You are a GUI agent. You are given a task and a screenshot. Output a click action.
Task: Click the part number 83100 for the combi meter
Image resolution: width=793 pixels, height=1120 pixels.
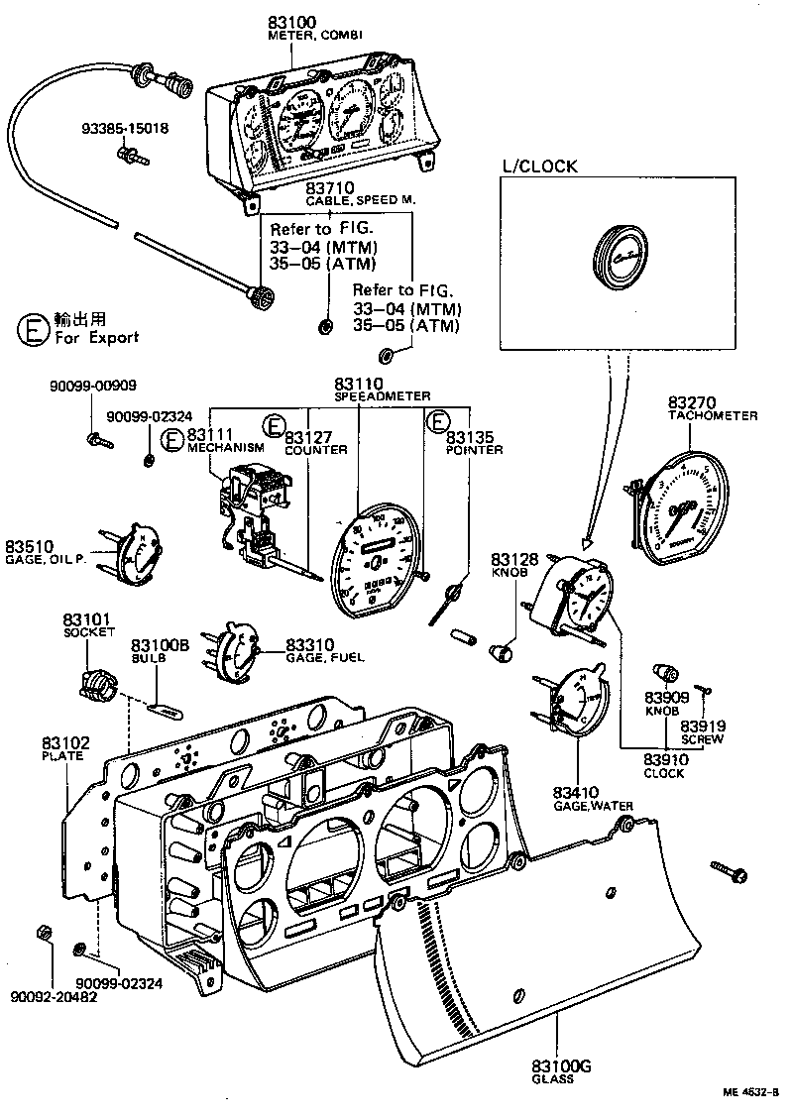point(287,21)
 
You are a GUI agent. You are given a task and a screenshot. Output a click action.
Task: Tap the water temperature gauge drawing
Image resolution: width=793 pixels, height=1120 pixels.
point(572,706)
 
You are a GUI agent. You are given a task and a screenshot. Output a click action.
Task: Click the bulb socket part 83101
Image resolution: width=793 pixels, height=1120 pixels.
point(96,682)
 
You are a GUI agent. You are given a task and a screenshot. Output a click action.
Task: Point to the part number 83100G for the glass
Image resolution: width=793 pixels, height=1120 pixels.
point(561,1065)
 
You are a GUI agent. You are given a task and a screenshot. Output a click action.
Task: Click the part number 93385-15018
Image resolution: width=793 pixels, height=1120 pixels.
point(125,128)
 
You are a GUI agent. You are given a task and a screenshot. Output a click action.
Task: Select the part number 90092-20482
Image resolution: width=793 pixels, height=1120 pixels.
point(55,996)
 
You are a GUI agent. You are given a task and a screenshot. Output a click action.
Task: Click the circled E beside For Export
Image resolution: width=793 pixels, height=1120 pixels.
point(34,330)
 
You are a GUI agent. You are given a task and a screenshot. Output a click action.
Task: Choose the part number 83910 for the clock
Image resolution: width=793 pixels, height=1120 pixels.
point(663,760)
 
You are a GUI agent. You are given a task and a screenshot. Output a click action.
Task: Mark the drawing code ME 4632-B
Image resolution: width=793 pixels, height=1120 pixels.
point(751,1092)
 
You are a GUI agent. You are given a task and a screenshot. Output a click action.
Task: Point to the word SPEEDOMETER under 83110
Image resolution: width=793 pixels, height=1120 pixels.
point(382,395)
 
